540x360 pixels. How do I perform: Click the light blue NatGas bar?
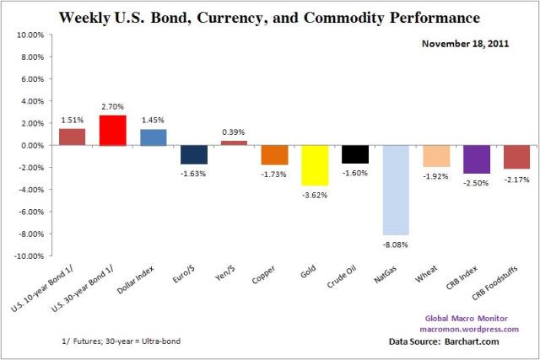tap(396, 190)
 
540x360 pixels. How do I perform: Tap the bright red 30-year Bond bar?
tap(112, 130)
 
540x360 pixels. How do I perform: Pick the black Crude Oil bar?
tap(355, 153)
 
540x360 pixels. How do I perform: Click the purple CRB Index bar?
tap(477, 159)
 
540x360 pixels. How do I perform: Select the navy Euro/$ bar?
tap(193, 153)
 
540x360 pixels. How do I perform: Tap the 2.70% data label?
tap(112, 107)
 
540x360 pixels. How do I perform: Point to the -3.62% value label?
tap(315, 194)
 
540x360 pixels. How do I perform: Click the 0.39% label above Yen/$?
tap(234, 132)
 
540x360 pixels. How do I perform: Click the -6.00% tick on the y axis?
tap(30, 212)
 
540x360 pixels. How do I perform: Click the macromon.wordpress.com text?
tap(481, 329)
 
